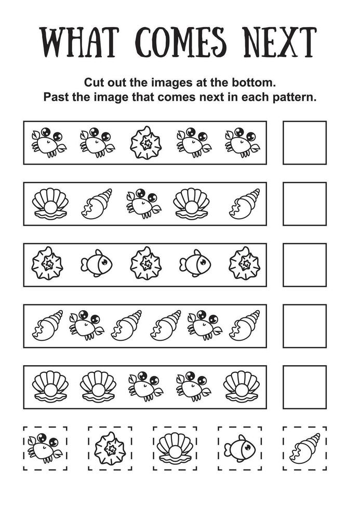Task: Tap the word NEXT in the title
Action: (281, 42)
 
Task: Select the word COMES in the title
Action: (180, 42)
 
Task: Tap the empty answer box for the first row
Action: (304, 143)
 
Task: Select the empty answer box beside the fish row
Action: (304, 265)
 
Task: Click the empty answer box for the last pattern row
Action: (304, 387)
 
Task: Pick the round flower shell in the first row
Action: (146, 143)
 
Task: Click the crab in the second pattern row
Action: (143, 204)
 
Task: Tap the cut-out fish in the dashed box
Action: (240, 448)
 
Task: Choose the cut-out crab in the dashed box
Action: (45, 448)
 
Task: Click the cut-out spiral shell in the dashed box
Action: (304, 448)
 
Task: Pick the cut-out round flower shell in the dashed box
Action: (110, 448)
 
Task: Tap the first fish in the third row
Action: (97, 263)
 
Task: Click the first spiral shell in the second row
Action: (97, 204)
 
